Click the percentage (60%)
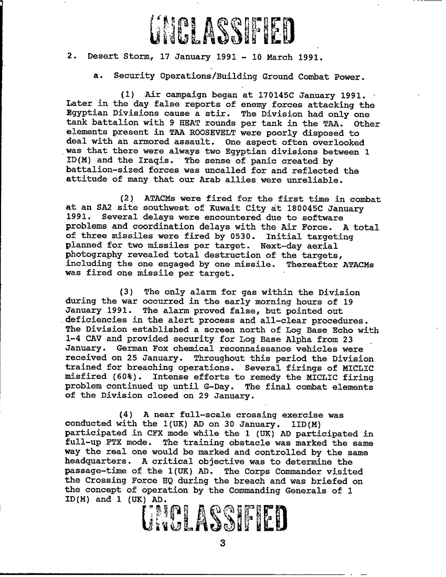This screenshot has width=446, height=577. click(x=123, y=376)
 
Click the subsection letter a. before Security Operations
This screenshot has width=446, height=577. click(x=97, y=76)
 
